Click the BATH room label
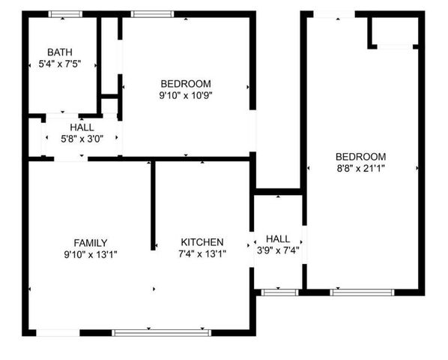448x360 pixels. click(x=60, y=52)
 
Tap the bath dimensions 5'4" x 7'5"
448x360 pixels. click(x=60, y=64)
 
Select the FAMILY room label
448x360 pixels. click(x=90, y=242)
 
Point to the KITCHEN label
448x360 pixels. click(x=202, y=242)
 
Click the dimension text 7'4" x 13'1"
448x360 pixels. click(x=202, y=254)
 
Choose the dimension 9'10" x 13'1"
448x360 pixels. click(x=90, y=254)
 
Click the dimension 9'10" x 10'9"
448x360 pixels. click(x=186, y=96)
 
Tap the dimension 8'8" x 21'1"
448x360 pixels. click(x=361, y=169)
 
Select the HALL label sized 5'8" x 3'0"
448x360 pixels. click(x=82, y=127)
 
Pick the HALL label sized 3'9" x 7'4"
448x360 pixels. click(x=277, y=238)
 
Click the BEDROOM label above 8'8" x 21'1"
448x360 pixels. click(x=361, y=156)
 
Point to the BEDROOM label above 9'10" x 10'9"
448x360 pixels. click(x=186, y=83)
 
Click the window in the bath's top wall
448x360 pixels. click(x=65, y=13)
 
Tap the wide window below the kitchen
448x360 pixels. click(x=161, y=331)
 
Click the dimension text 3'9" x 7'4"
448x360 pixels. click(x=277, y=250)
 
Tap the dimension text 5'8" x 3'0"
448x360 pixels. click(x=82, y=139)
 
